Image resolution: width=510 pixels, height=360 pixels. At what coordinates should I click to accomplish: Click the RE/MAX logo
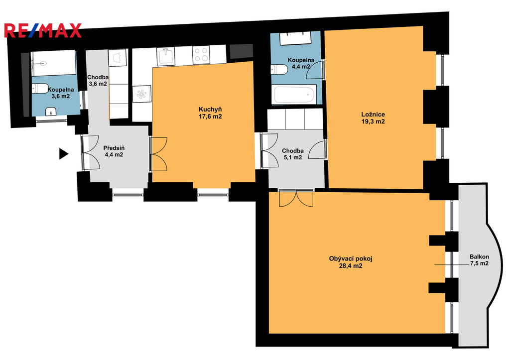43,30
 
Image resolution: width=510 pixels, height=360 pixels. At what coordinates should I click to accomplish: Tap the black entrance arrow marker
64,154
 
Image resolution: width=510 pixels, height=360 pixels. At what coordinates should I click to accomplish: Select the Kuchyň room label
210,113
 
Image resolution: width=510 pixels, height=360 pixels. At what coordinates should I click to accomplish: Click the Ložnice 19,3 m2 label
373,118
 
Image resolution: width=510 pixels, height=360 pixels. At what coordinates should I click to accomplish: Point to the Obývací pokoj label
351,262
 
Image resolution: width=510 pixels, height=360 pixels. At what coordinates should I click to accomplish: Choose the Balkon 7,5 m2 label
479,260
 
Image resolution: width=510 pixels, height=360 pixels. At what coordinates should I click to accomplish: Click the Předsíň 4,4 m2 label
114,151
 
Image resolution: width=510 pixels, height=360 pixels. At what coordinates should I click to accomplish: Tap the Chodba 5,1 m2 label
293,154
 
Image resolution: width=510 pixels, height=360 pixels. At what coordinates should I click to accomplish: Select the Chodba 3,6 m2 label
98,81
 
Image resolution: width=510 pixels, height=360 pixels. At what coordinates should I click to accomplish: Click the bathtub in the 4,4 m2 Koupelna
295,94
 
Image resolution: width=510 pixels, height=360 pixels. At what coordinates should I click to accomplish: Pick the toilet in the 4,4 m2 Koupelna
279,69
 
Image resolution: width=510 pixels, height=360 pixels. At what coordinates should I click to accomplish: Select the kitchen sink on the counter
166,56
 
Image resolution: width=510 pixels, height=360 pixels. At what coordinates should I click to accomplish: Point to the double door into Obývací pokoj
296,199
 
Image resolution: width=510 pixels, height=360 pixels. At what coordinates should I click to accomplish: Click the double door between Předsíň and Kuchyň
159,154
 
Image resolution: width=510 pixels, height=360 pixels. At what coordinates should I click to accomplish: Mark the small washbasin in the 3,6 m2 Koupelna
51,112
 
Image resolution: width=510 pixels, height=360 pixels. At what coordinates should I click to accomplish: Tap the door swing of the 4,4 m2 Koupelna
315,70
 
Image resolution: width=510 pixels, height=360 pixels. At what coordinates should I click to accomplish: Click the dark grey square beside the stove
242,51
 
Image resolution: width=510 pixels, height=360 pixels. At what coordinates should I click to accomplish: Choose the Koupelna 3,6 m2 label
60,93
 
